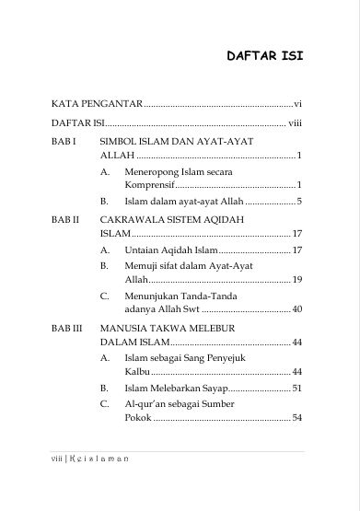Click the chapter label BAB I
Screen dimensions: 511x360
tap(64, 143)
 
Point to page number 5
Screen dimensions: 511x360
tap(300, 200)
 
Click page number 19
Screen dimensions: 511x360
tap(297, 278)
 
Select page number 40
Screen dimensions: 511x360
tap(297, 309)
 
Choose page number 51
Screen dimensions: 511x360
tap(297, 388)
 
